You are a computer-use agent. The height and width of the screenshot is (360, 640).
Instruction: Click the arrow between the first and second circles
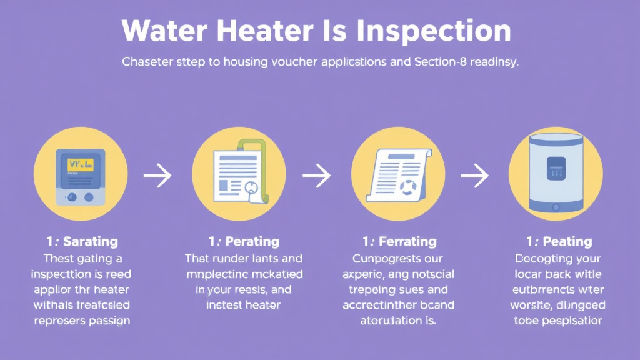[157, 176]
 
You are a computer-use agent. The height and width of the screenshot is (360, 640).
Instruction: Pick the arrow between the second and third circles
[317, 176]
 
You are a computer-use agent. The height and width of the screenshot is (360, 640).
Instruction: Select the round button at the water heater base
[556, 207]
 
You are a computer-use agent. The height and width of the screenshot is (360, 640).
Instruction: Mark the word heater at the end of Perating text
[263, 305]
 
